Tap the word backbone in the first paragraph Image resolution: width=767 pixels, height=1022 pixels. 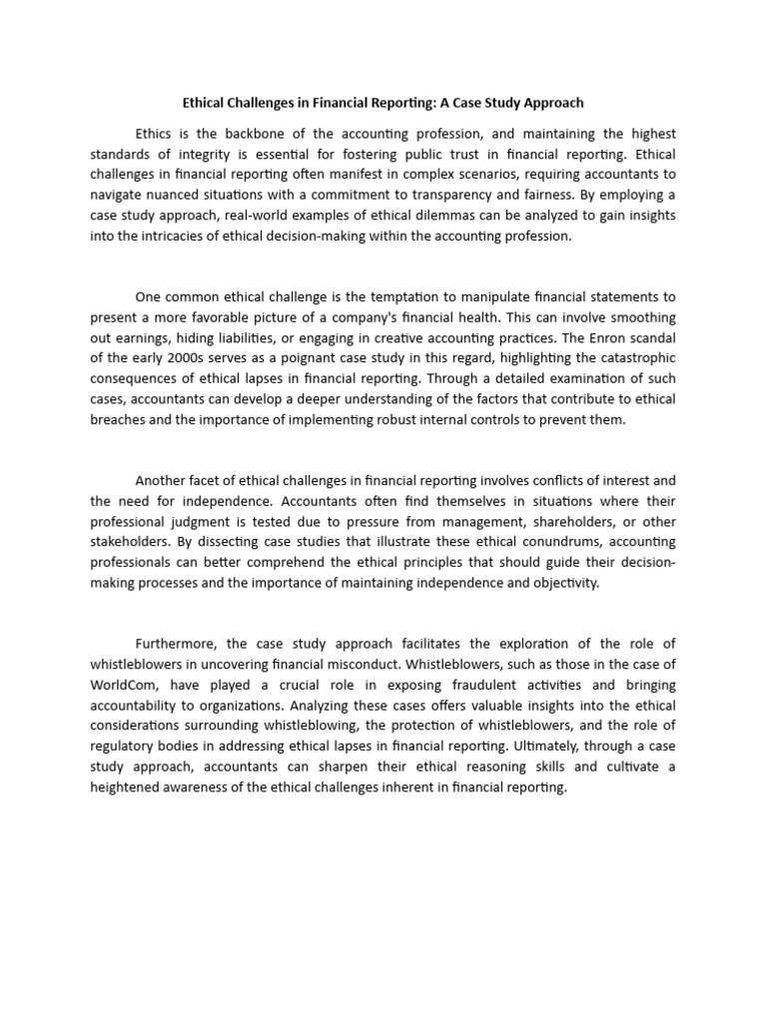[x=263, y=135]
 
